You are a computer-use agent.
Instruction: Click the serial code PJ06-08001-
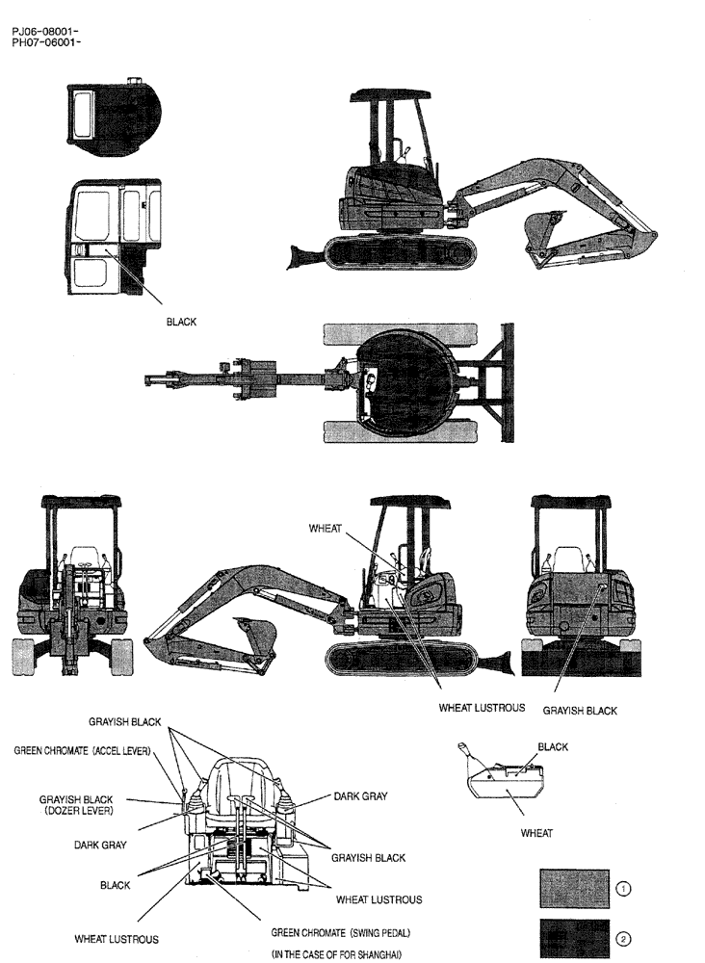pyautogui.click(x=45, y=32)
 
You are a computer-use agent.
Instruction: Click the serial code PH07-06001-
pyautogui.click(x=45, y=42)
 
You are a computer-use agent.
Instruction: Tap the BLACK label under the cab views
pyautogui.click(x=181, y=323)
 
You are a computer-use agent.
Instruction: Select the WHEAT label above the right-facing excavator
pyautogui.click(x=326, y=529)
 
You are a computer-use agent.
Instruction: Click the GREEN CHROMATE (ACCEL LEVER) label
pyautogui.click(x=82, y=750)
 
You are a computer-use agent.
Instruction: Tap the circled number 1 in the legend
pyautogui.click(x=623, y=889)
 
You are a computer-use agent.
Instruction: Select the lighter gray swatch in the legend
pyautogui.click(x=574, y=889)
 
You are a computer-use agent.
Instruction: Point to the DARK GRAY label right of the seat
pyautogui.click(x=359, y=796)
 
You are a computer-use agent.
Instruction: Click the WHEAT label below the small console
pyautogui.click(x=536, y=833)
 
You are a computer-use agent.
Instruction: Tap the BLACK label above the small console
pyautogui.click(x=553, y=746)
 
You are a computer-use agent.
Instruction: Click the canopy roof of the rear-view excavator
pyautogui.click(x=570, y=502)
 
